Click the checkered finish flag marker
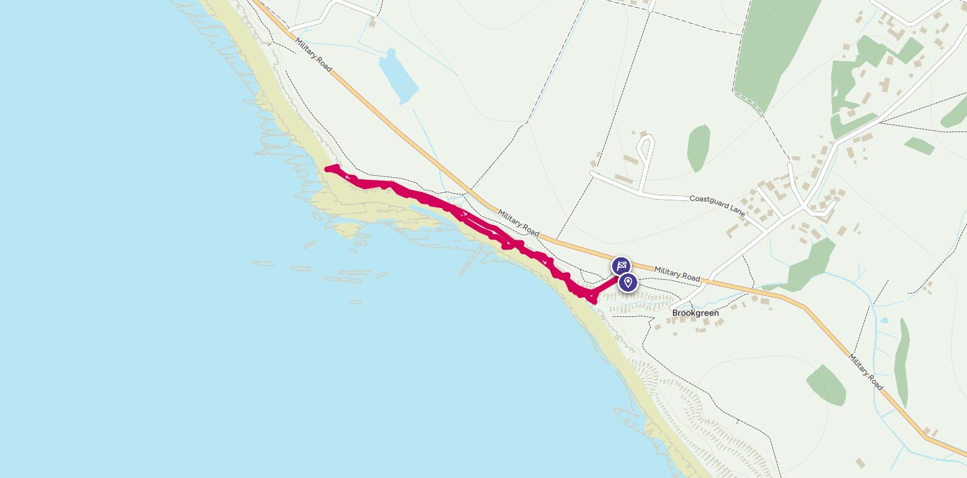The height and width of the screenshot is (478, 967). point(621,266)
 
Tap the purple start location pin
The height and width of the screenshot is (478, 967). point(628,283)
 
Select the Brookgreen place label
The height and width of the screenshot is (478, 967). point(695,313)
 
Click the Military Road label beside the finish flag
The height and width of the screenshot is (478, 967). point(677,274)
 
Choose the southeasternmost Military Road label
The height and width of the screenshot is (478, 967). point(865,372)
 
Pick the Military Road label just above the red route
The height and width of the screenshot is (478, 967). point(519,224)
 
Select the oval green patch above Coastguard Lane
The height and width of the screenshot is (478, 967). point(698,147)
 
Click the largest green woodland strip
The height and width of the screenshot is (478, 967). point(776,49)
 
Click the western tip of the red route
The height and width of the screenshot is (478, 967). point(327,168)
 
